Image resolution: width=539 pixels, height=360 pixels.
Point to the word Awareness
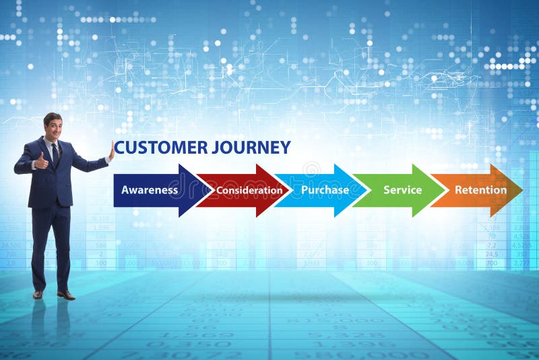[150, 190]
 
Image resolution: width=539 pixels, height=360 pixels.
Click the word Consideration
[249, 190]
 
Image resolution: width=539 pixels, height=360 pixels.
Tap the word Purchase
[325, 190]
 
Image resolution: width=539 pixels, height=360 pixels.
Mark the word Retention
[480, 190]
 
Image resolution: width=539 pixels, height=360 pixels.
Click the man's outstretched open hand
[111, 151]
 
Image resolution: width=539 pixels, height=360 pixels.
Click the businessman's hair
[52, 117]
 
